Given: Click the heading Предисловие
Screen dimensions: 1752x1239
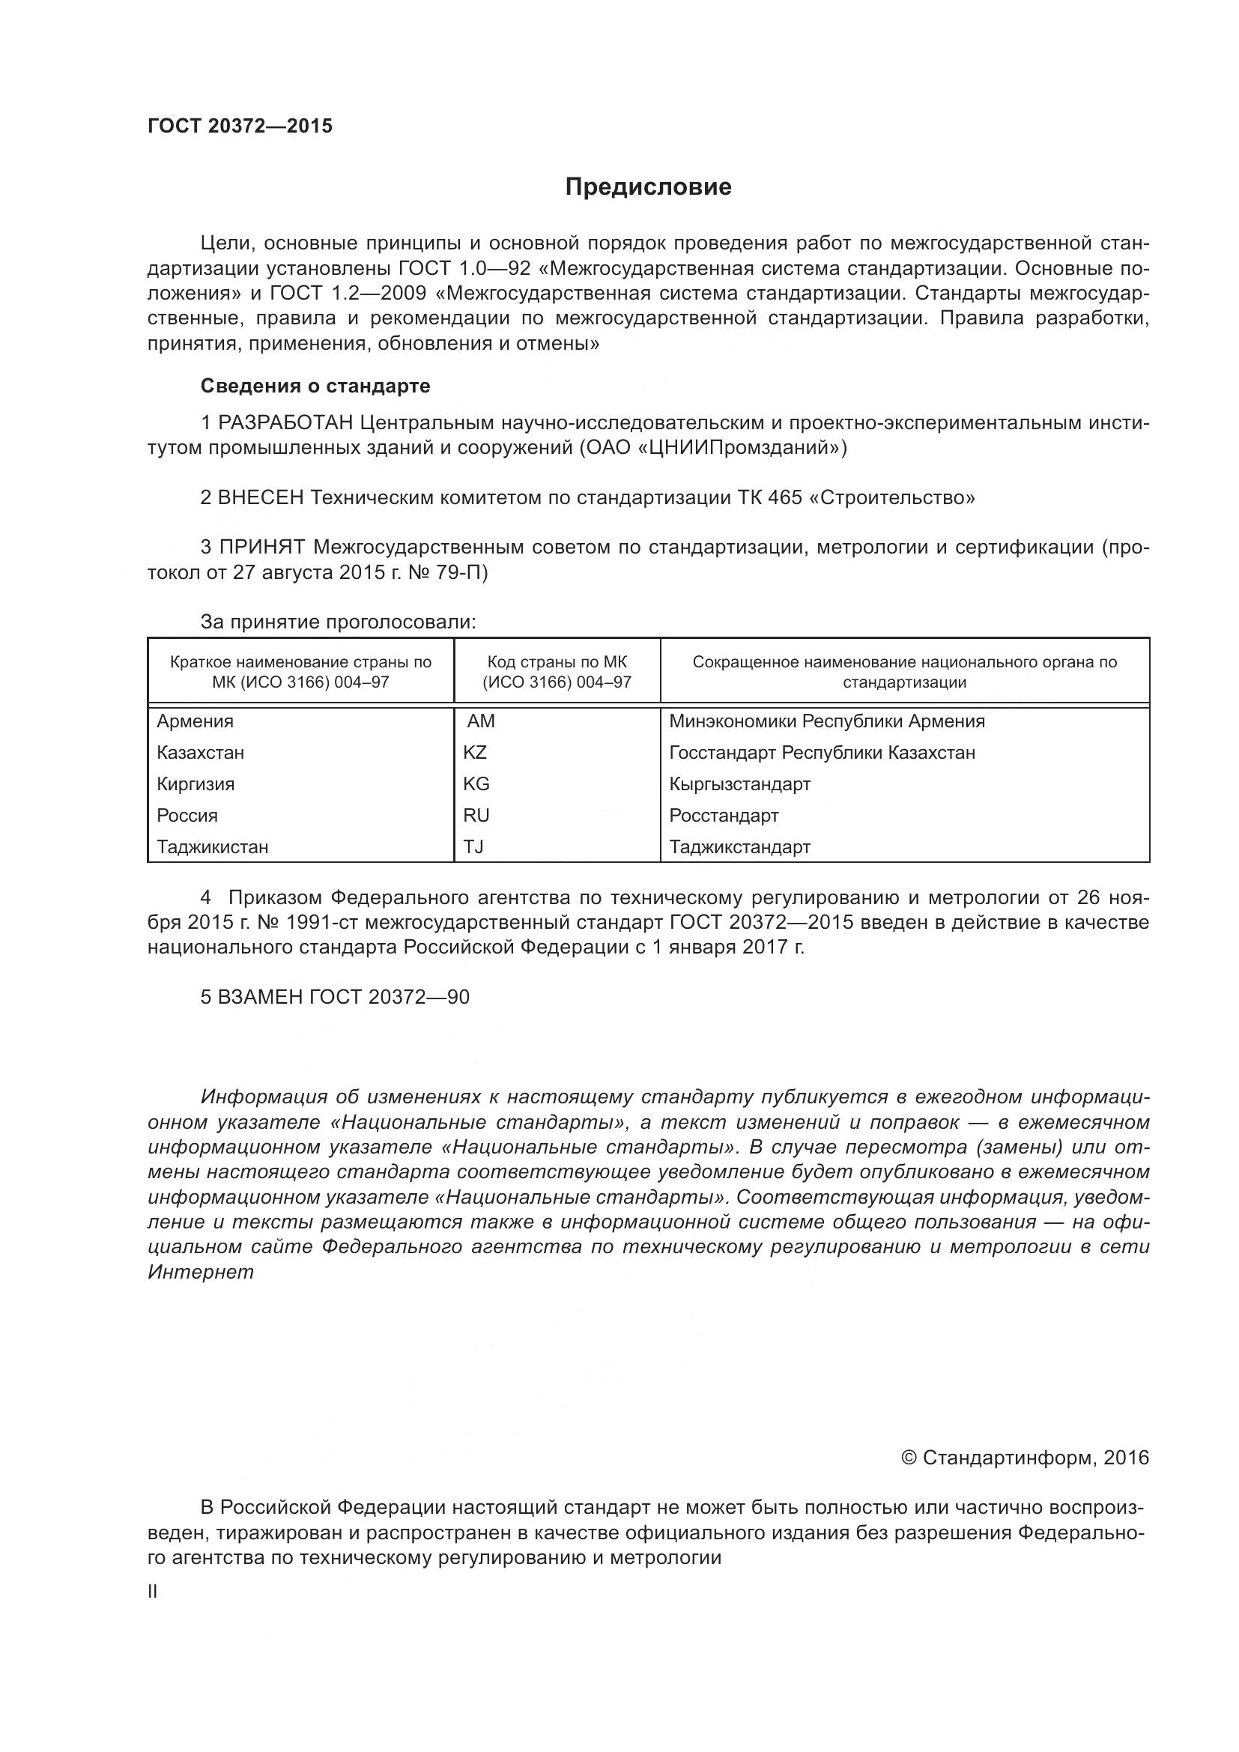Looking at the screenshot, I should click(x=649, y=187).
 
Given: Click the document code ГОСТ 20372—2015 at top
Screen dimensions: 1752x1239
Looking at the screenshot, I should click(x=240, y=127).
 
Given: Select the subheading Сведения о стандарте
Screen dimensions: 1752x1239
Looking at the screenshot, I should click(x=315, y=386).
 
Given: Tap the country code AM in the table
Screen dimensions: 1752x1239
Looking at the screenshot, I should click(x=481, y=721).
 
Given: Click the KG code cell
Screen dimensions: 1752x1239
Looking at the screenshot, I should click(x=476, y=783).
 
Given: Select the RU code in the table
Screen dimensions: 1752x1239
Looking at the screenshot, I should click(x=476, y=815).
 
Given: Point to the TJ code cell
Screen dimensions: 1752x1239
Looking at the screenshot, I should click(x=473, y=846).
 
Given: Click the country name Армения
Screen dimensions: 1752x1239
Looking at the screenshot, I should click(x=196, y=721).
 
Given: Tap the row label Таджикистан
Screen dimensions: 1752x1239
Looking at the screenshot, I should click(x=213, y=846).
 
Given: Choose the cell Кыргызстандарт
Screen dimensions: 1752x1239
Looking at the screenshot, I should click(x=740, y=783).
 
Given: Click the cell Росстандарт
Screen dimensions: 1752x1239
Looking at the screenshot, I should click(x=724, y=815).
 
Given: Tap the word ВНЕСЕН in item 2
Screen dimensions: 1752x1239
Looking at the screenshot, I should click(x=261, y=497).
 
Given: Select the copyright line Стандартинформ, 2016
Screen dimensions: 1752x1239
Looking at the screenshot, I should click(x=1026, y=1458).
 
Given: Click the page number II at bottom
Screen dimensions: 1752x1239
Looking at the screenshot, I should click(x=153, y=1591).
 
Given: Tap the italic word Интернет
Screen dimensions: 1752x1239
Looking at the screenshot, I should click(x=201, y=1272).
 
